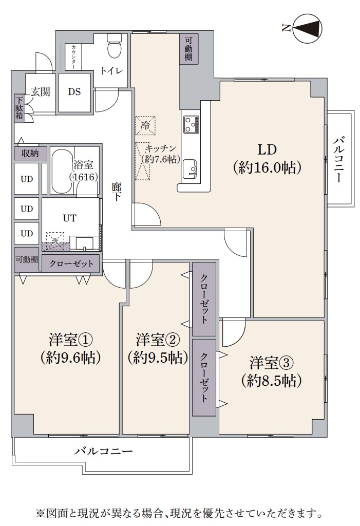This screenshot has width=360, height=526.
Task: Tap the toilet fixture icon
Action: [x=114, y=46]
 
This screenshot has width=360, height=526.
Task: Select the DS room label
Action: [x=74, y=91]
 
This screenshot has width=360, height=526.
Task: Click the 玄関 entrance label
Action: [x=40, y=91]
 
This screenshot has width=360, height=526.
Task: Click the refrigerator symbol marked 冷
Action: [x=146, y=126]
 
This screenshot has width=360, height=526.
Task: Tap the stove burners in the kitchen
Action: [x=191, y=124]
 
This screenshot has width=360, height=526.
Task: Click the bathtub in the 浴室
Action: [x=62, y=171]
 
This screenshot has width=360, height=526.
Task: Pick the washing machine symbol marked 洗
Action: [x=55, y=241]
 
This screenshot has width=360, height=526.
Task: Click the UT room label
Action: [x=69, y=218]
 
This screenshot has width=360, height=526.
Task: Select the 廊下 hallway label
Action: [x=116, y=192]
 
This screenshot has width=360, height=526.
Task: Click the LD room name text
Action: [x=267, y=149]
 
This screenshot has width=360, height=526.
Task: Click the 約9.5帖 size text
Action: [x=157, y=358]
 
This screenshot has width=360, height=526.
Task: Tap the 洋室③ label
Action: [x=272, y=363]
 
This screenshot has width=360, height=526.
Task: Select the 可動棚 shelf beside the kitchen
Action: [x=189, y=49]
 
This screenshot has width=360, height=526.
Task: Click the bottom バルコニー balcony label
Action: [x=103, y=451]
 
